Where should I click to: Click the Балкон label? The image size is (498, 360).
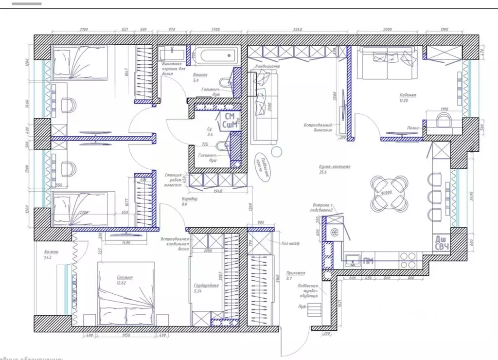click(51, 252)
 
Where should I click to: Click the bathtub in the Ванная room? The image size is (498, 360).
click(214, 54)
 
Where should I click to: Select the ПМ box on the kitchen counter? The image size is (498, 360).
click(368, 261)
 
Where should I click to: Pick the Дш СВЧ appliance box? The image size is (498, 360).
click(441, 243)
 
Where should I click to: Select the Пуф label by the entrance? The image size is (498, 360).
click(302, 307)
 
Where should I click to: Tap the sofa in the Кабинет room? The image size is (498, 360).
click(387, 64)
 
